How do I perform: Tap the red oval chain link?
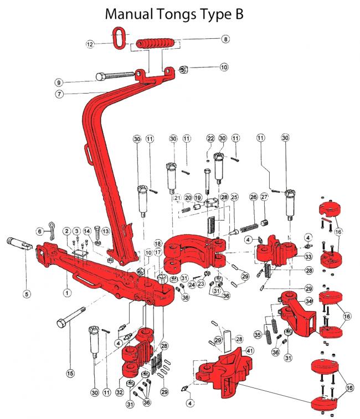pyautogui.click(x=120, y=39)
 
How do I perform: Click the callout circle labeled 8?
pyautogui.click(x=225, y=39)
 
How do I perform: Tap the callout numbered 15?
pyautogui.click(x=70, y=373)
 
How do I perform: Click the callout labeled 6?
pyautogui.click(x=39, y=230)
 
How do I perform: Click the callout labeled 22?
pyautogui.click(x=210, y=137)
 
